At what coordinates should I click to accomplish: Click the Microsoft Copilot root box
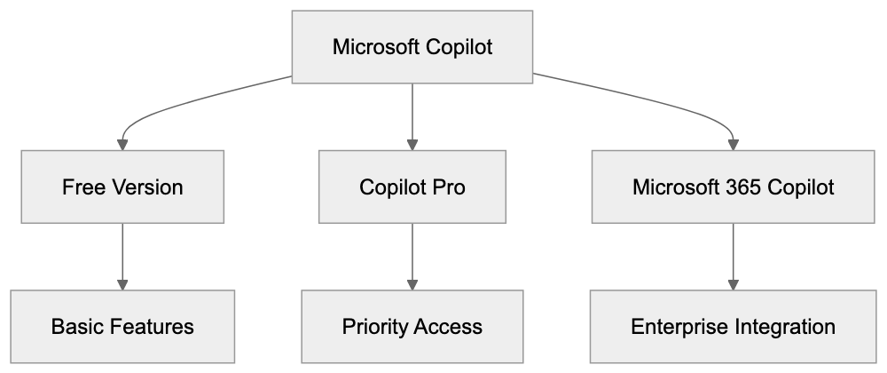tap(412, 47)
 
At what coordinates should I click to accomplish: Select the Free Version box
tap(122, 187)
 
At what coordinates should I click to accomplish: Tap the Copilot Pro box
tap(412, 187)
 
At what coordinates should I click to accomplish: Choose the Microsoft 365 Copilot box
tap(733, 187)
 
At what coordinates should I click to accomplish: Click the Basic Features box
tap(122, 326)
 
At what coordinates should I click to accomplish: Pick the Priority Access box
tap(412, 326)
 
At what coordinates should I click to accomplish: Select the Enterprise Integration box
tap(733, 326)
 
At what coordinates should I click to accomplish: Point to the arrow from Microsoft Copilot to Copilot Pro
tap(412, 115)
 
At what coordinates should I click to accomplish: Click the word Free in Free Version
tap(81, 187)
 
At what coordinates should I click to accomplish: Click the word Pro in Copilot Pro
tap(449, 187)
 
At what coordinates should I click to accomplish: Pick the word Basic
tap(75, 326)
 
